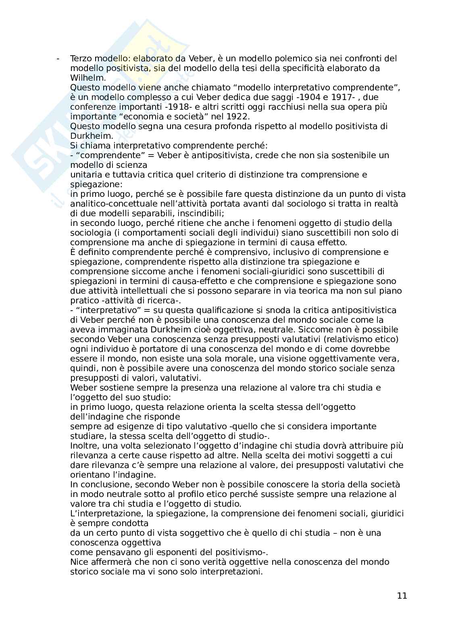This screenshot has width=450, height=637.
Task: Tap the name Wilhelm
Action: point(85,78)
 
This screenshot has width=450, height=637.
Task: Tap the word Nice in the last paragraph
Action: point(79,562)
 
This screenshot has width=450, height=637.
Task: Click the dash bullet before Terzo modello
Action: point(58,58)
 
